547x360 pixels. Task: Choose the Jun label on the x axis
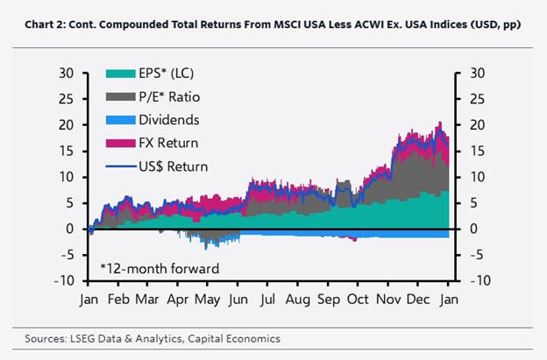(238, 300)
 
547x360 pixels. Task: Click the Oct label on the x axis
(359, 300)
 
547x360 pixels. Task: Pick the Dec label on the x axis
(418, 300)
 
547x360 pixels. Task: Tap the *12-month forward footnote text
(160, 269)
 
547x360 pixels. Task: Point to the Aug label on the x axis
(298, 300)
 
